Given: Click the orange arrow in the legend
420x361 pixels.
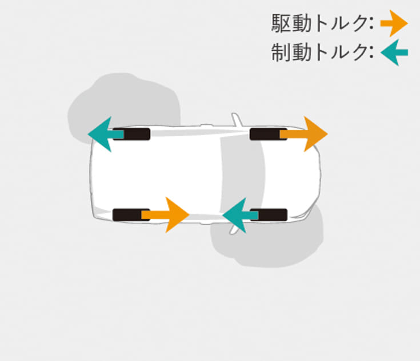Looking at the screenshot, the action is pos(394,23).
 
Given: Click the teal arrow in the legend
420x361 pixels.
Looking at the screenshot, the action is pos(394,52).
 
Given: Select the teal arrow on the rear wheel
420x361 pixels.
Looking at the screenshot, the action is pos(106,134).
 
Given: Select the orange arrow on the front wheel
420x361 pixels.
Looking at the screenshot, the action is pos(304,134).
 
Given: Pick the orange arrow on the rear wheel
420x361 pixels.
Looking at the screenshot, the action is pos(165,215).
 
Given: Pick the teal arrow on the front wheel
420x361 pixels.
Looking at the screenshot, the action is pos(240,215).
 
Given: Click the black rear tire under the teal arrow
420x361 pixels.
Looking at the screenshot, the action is pos(131,134).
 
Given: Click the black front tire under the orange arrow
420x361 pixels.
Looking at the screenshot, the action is pos(269,134).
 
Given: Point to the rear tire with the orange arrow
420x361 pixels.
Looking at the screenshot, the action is pos(131,215).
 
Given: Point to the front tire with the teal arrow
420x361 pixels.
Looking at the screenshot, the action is pos(269,215).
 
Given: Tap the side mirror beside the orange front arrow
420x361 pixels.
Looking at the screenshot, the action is pos(237,120).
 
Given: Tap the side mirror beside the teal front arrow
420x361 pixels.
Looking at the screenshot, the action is pos(234,229).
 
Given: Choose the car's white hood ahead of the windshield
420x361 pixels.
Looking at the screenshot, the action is pos(292,175).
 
